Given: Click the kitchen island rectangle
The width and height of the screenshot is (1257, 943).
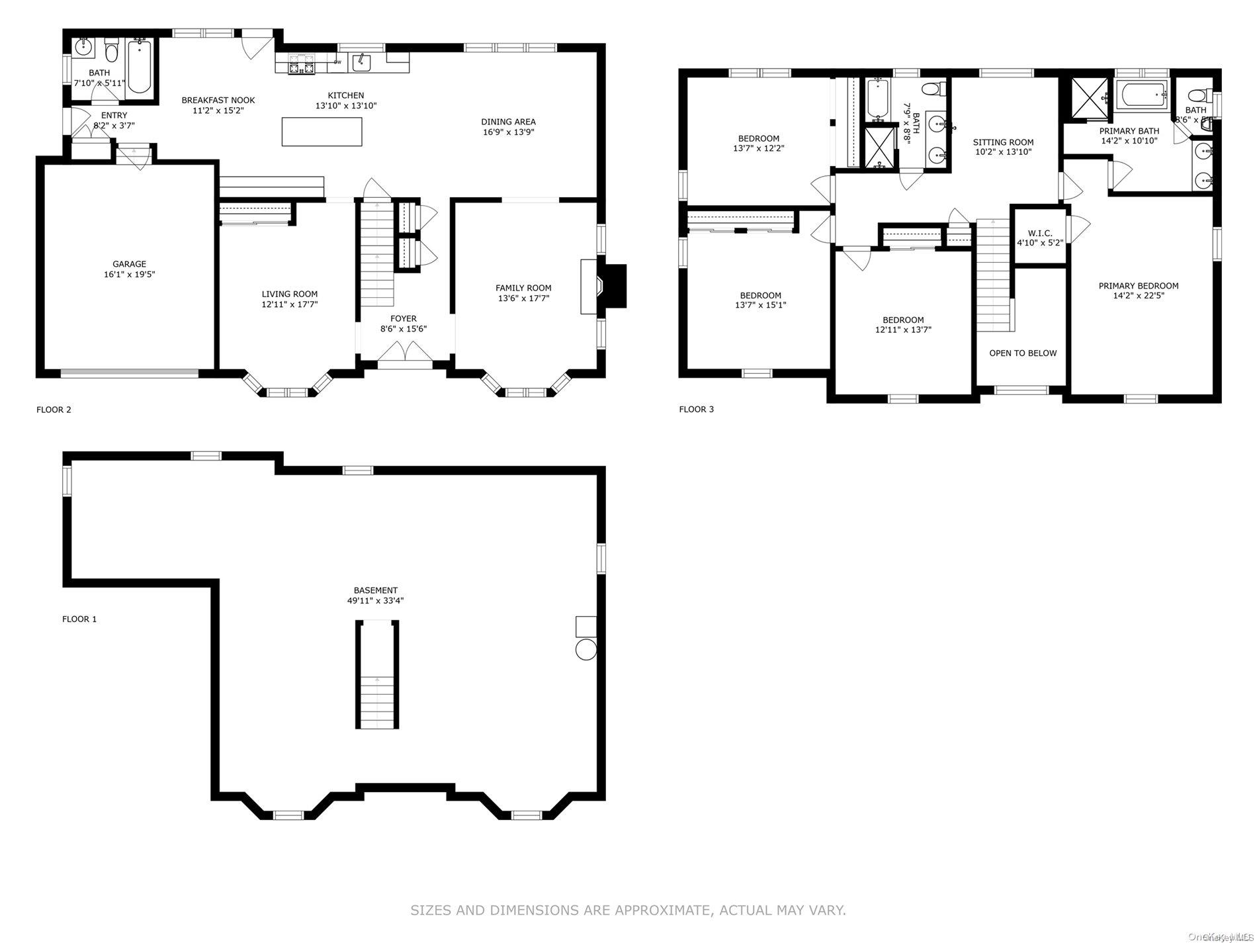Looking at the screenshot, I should click(x=322, y=132).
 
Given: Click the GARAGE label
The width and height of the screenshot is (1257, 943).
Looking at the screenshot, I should click(x=129, y=264).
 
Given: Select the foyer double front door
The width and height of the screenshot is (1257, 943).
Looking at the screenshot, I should click(x=404, y=351).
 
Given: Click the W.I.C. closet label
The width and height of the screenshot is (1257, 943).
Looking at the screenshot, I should click(x=1039, y=233).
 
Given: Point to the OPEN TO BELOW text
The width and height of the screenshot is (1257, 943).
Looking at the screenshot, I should click(x=1022, y=353).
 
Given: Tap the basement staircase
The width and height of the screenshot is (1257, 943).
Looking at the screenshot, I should click(x=377, y=675).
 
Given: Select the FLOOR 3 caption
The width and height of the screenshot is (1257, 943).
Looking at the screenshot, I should click(x=696, y=409).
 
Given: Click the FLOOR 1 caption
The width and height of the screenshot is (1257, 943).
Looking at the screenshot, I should click(x=79, y=619).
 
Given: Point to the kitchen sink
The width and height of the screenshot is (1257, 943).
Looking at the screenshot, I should click(x=361, y=62).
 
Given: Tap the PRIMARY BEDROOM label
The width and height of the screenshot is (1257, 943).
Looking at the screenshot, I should click(x=1138, y=286).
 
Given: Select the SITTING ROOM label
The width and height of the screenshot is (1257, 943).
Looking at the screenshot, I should click(x=1002, y=142).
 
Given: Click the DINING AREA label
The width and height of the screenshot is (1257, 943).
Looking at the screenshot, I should click(x=508, y=122).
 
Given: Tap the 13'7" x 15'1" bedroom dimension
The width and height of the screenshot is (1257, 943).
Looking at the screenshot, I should click(x=760, y=305).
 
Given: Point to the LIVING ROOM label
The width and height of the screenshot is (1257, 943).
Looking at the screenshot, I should click(x=289, y=294).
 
